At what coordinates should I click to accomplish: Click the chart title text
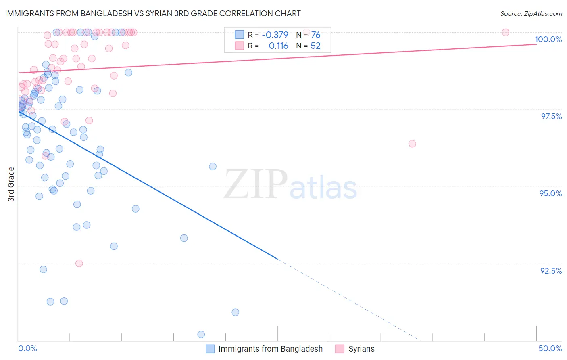[x=153, y=13]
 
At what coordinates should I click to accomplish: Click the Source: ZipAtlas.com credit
[x=531, y=14]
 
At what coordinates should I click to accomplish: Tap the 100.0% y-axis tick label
[x=548, y=39]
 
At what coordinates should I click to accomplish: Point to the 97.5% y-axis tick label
[x=551, y=116]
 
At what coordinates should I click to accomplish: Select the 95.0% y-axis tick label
[x=550, y=193]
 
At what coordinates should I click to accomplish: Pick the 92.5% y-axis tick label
[x=551, y=271]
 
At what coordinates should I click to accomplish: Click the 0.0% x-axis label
[x=27, y=348]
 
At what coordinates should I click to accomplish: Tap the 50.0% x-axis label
[x=550, y=348]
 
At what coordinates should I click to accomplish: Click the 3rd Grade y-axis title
[x=11, y=184]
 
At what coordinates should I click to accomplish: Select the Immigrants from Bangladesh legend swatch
[x=210, y=349]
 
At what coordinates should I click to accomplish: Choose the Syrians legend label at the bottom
[x=361, y=349]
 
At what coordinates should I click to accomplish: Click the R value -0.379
[x=275, y=35]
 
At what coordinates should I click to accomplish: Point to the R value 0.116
[x=278, y=46]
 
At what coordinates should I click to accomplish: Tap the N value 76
[x=315, y=35]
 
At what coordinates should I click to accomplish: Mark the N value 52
[x=315, y=46]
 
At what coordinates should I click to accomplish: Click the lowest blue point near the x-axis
[x=201, y=334]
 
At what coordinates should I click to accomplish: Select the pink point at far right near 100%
[x=505, y=32]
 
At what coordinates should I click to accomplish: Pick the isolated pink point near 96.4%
[x=412, y=144]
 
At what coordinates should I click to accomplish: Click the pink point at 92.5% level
[x=79, y=263]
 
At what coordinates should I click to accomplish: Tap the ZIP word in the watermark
[x=256, y=184]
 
